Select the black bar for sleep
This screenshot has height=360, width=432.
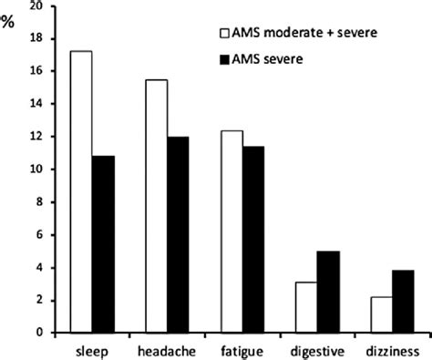tap(104, 244)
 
